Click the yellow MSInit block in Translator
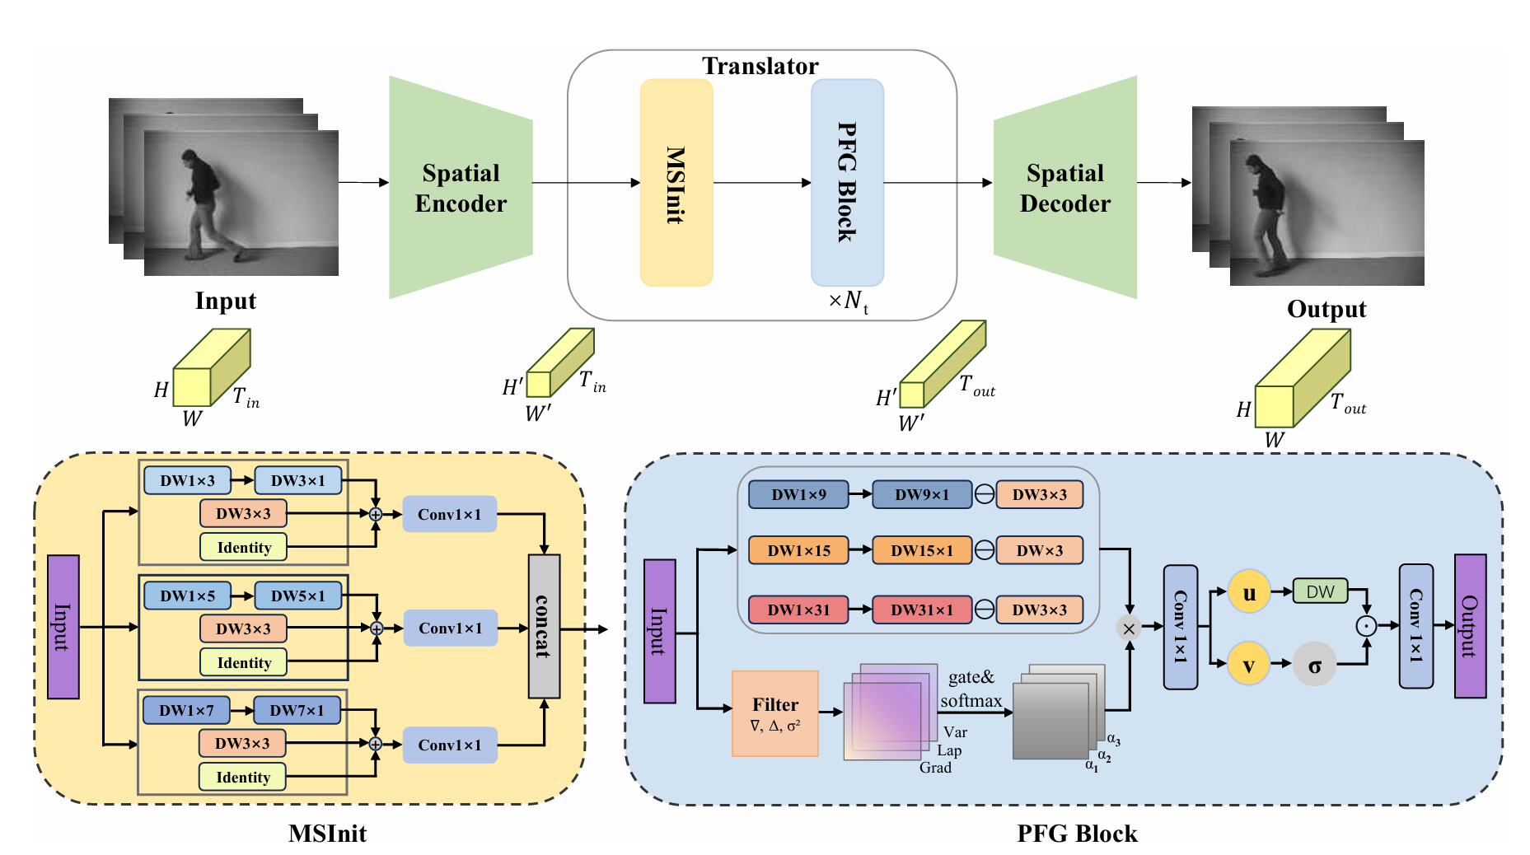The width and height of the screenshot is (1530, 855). point(676,183)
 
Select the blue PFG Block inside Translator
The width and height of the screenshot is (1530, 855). point(847,183)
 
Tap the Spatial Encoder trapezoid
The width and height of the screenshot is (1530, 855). point(461,188)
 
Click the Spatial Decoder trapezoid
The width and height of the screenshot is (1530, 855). point(1064,188)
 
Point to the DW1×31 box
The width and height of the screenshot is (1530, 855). point(798,610)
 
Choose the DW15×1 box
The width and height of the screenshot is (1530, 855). point(921,550)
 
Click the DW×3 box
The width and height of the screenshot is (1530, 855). point(1039,550)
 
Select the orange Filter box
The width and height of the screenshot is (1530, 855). point(774,713)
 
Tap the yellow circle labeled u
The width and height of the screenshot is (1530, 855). point(1248,592)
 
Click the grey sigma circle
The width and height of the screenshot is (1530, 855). point(1314,664)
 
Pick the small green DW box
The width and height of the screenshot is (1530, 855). point(1320,591)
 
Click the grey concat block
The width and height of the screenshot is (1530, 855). point(543,626)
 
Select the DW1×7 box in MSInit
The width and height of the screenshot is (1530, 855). point(186,710)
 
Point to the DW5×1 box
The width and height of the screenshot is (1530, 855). point(297,596)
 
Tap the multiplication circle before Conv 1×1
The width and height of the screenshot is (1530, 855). point(1129,628)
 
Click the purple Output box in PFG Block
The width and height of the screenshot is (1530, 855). point(1470,626)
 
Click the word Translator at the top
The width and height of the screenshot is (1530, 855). point(760,66)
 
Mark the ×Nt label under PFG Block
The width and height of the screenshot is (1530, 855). point(848,301)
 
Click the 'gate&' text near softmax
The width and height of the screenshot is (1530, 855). point(971,677)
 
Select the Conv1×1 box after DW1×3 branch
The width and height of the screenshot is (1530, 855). point(449,514)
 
